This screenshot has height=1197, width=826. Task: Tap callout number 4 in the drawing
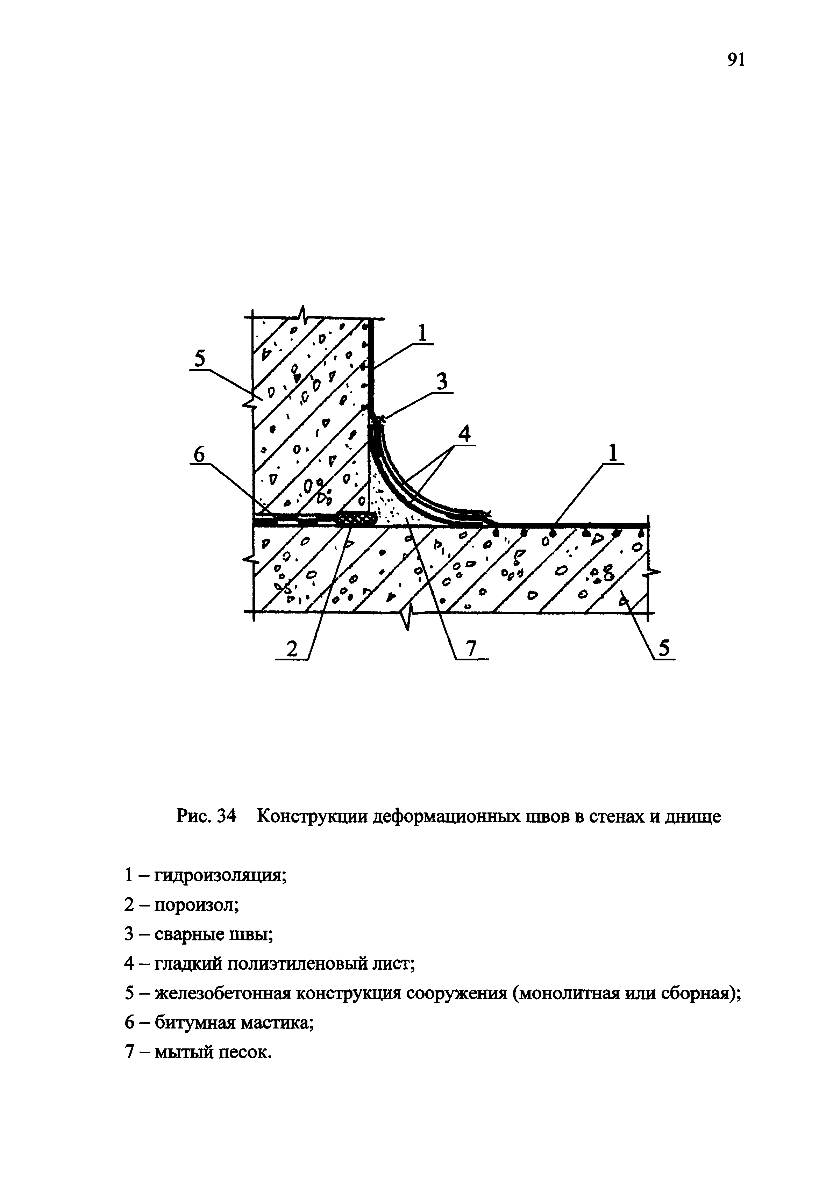[x=464, y=433]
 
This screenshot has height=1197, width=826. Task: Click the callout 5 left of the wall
[x=199, y=359]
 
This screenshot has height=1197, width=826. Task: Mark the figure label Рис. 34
[x=206, y=817]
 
